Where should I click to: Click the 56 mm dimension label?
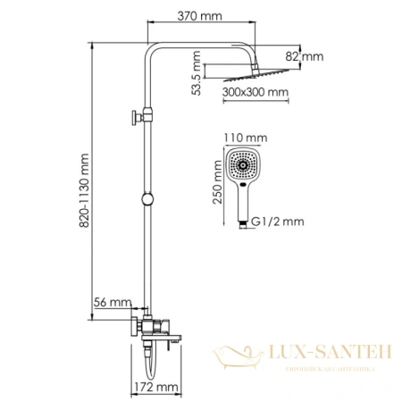tap(116, 304)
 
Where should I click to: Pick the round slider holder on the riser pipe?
tap(143, 198)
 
